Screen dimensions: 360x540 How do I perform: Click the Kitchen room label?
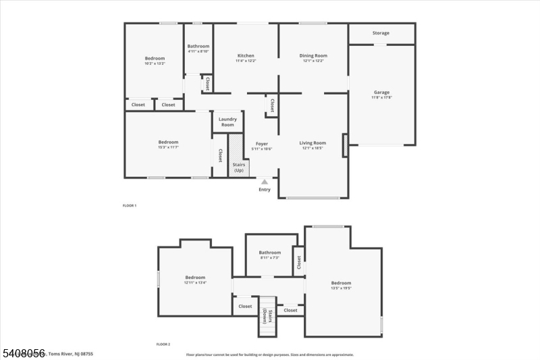[246, 55]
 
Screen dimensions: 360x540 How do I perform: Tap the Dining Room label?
[313, 55]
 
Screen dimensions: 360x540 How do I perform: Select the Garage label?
[381, 93]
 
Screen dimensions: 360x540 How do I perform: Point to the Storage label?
[381, 33]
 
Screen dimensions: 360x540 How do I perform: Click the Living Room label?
[313, 143]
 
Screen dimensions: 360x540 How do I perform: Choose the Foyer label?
[261, 143]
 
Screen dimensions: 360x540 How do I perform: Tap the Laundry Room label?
[227, 122]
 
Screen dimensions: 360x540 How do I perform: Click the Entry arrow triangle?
[265, 181]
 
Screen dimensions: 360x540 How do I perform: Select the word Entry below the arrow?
[265, 189]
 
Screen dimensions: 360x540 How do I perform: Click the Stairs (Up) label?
[238, 168]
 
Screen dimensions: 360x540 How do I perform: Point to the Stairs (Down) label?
[269, 316]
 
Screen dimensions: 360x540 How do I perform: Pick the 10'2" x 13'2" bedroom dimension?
[155, 63]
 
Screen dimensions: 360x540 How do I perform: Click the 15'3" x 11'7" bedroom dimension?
[168, 147]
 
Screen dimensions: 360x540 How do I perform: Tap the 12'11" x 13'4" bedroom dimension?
[195, 282]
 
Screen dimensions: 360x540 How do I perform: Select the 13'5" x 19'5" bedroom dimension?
[341, 288]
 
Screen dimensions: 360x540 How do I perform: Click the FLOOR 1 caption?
[129, 205]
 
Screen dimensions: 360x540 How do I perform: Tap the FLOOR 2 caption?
[163, 344]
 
